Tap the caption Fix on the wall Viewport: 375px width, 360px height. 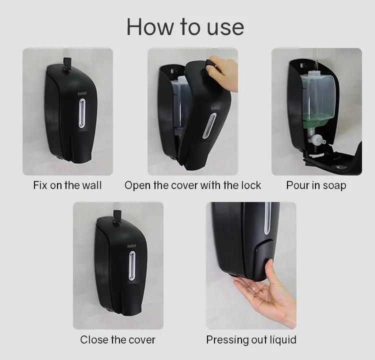[67, 185]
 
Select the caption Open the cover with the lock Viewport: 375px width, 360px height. [192, 185]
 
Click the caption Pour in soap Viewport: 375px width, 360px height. [316, 185]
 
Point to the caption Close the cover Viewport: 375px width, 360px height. [118, 340]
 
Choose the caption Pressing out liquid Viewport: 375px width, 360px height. [251, 340]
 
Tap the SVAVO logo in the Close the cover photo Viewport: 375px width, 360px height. [131, 245]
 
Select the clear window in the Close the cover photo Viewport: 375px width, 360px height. [132, 265]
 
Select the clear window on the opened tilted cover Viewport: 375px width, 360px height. [212, 126]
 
